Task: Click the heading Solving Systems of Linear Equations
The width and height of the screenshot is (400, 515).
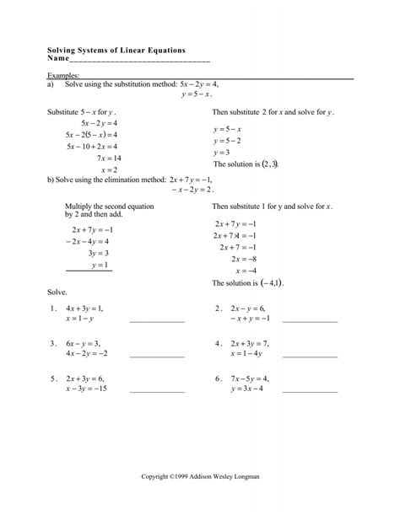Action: (x=116, y=51)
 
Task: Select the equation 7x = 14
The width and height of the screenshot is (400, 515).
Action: (x=110, y=158)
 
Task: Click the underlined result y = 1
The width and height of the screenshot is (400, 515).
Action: (x=100, y=265)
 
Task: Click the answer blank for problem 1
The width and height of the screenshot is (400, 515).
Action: (x=156, y=321)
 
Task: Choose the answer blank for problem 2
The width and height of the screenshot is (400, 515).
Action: (x=310, y=321)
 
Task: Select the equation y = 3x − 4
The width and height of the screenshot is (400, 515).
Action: (x=246, y=389)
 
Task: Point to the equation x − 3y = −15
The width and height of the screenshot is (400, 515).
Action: (x=86, y=389)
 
